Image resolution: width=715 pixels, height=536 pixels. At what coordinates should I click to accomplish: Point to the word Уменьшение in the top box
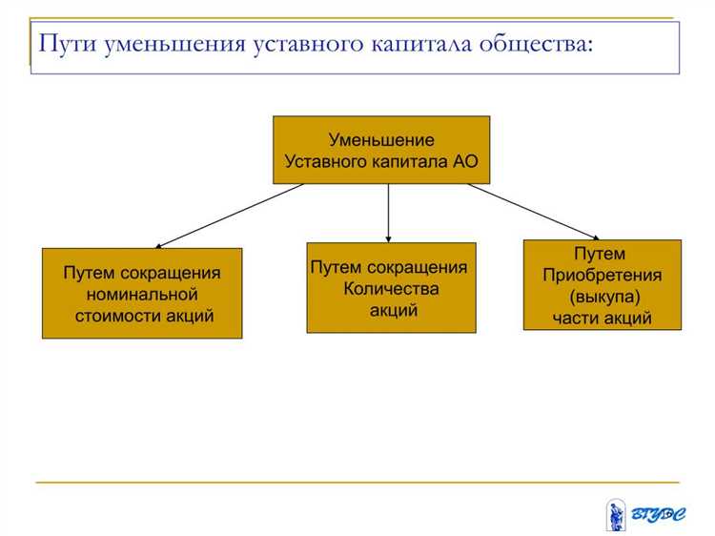point(381,140)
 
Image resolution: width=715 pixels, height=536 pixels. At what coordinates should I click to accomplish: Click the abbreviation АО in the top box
point(465,161)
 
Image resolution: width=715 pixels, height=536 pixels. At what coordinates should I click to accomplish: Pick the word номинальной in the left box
point(142,294)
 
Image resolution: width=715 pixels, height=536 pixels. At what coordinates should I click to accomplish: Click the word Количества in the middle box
point(390,288)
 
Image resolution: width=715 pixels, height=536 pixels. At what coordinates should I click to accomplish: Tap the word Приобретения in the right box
point(602,275)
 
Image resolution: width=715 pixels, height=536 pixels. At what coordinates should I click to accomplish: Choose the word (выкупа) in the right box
point(602,297)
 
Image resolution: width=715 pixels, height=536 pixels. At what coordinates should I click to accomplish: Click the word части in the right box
point(576,318)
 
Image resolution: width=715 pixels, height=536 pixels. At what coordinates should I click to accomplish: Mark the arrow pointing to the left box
point(229,216)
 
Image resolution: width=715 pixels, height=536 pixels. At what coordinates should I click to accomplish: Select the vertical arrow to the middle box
point(389,212)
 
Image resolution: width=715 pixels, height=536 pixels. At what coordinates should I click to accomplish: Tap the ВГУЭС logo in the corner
point(644,514)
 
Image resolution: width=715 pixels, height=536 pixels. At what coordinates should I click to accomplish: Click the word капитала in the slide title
point(418,44)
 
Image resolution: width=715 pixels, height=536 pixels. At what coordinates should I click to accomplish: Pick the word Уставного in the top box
point(326,161)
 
